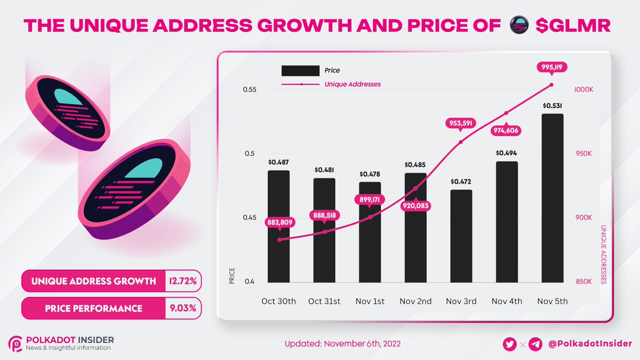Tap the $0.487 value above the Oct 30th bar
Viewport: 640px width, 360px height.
(278, 162)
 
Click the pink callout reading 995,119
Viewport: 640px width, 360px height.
(552, 67)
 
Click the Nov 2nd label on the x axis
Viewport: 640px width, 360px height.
(415, 301)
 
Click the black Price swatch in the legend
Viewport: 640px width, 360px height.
(300, 70)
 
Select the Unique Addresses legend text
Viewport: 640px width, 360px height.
(353, 84)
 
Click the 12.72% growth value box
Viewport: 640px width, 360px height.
(183, 281)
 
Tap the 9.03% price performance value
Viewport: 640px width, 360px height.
(183, 308)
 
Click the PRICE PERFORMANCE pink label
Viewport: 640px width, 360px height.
(94, 308)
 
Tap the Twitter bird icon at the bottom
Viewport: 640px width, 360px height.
(510, 345)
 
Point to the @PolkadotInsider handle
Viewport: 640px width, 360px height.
(590, 345)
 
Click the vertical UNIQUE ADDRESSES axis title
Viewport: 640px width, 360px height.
(604, 254)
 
